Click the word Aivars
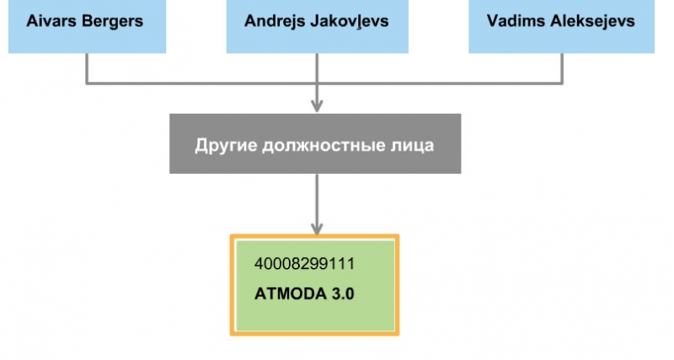point(48,20)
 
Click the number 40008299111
point(304,264)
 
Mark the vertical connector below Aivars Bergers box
point(87,67)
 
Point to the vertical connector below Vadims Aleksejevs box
point(562,67)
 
